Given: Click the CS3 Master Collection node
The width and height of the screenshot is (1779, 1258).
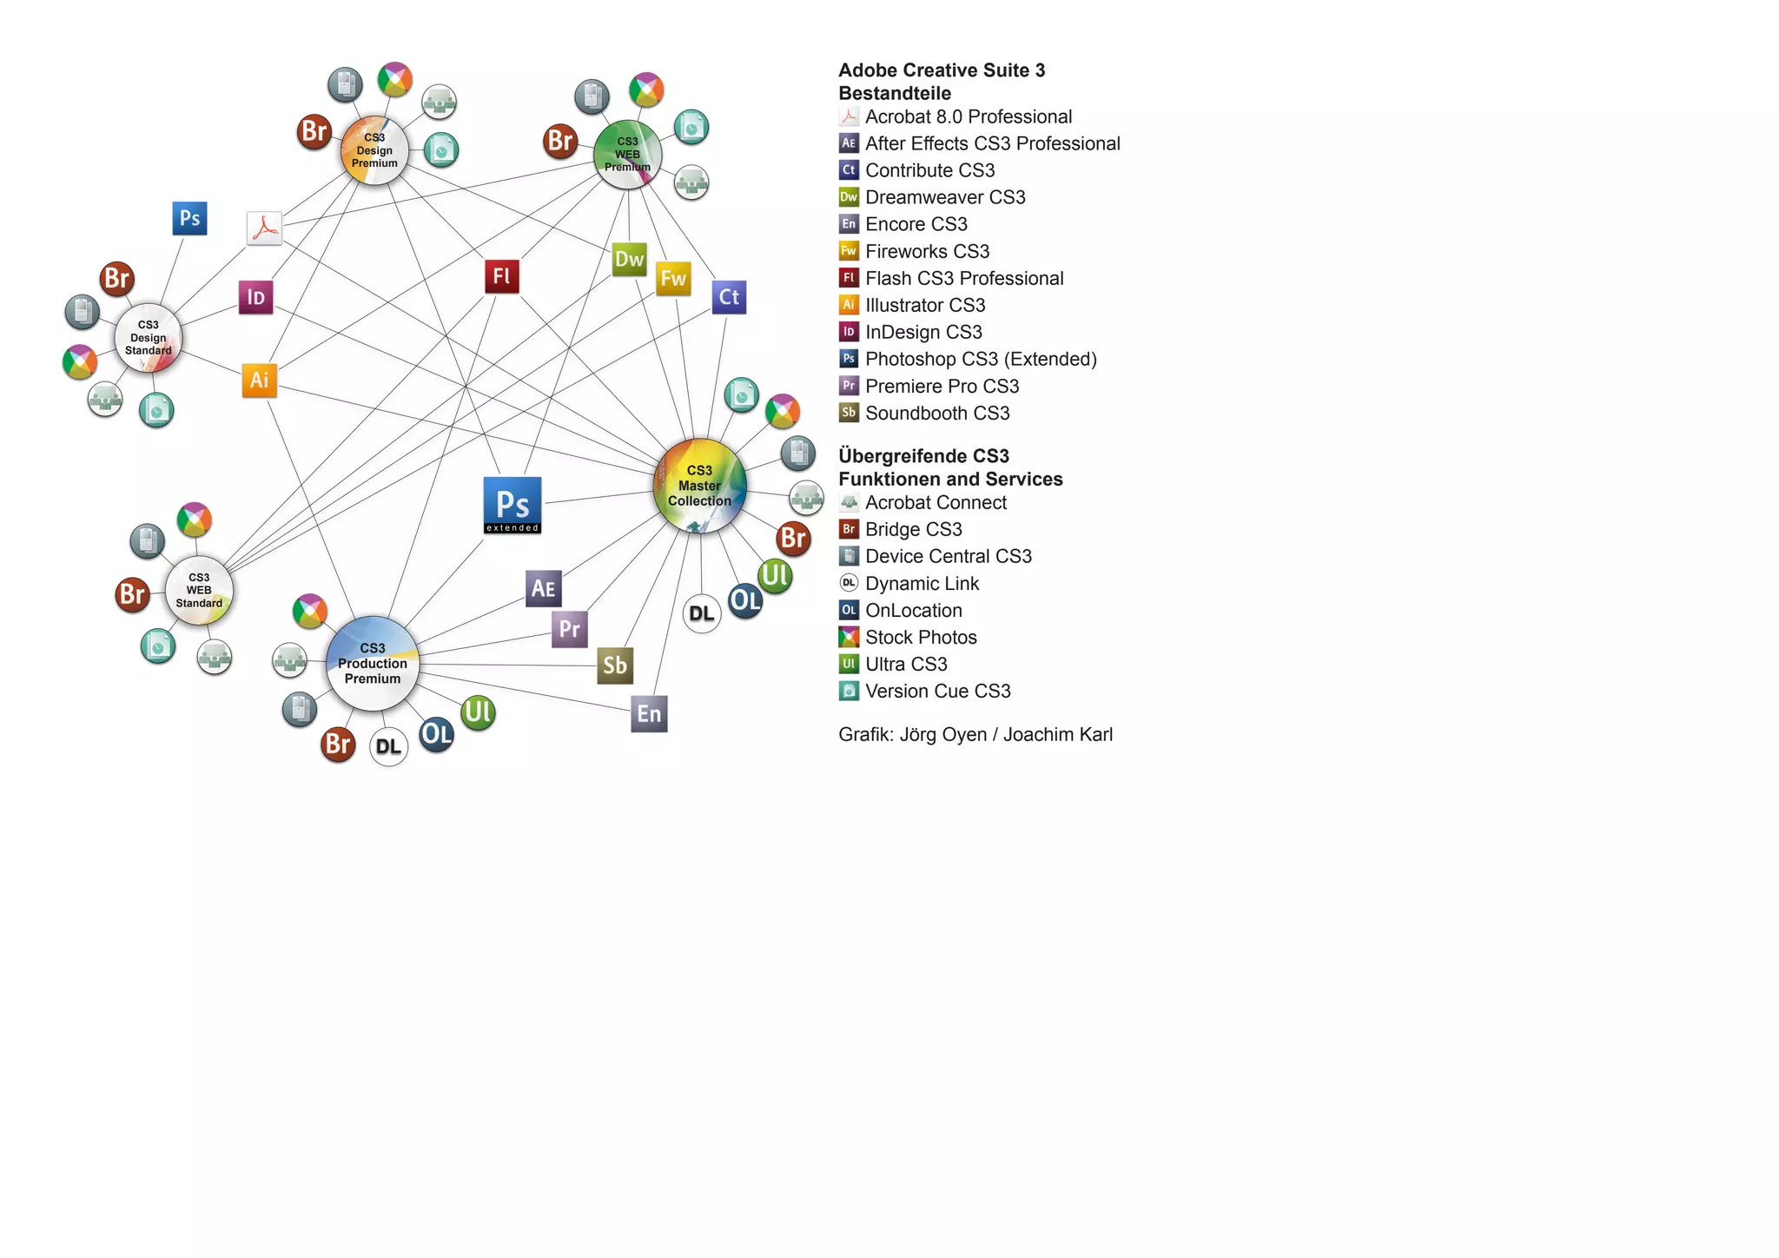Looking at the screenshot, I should tap(699, 486).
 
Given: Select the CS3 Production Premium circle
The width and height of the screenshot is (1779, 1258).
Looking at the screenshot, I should tap(373, 664).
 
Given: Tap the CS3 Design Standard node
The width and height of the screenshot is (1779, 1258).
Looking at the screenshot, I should tap(149, 338).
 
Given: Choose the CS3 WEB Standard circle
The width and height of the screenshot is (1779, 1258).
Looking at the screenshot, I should tap(199, 591).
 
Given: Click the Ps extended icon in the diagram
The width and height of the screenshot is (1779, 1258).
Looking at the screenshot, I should tap(513, 505).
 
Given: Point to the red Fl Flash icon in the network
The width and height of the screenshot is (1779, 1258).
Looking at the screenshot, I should tap(502, 276).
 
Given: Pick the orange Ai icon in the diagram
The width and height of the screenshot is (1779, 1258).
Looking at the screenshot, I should tap(259, 380).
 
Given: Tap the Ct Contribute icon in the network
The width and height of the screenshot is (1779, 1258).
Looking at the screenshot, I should tap(729, 297).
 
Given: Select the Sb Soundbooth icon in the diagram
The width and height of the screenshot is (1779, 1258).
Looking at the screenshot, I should tap(615, 665).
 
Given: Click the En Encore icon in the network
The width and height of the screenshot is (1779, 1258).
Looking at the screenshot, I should tap(649, 714).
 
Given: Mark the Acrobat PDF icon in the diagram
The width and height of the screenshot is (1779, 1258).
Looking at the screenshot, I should tap(264, 228).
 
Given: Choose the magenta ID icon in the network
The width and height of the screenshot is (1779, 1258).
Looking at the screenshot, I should tap(256, 297).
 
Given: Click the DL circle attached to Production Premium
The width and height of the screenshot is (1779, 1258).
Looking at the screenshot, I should tap(388, 747).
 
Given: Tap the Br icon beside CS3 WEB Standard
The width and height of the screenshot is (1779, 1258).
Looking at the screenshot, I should tap(133, 595).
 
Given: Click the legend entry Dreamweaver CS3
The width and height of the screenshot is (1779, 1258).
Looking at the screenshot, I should tap(944, 197).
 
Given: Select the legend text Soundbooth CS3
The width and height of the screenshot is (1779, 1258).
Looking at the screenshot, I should tap(936, 413).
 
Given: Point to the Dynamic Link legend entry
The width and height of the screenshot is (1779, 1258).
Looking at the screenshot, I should tap(922, 583).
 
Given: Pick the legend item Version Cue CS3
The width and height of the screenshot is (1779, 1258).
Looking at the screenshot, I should tap(937, 691).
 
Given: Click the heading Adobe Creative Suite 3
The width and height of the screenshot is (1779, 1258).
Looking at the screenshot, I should tap(942, 70).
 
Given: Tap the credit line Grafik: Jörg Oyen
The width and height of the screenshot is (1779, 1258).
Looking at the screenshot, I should tap(975, 734).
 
